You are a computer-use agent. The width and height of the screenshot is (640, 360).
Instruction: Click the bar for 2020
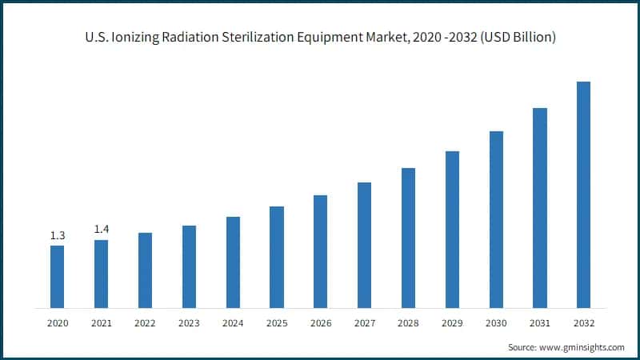click(x=58, y=276)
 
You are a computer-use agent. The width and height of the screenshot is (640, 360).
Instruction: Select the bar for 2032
click(x=583, y=194)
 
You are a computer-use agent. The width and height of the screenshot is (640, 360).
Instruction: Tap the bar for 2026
click(x=320, y=251)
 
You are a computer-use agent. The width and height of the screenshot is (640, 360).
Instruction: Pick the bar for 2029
click(x=452, y=229)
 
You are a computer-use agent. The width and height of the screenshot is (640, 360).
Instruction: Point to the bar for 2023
click(x=189, y=266)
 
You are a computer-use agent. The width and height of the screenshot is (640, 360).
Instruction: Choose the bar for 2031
click(x=540, y=207)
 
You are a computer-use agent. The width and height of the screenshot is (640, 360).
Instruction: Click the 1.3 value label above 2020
click(x=58, y=235)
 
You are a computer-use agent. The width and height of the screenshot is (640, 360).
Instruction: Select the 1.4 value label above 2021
click(x=102, y=230)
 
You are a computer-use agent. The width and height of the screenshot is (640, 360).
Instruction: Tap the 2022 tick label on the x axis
click(x=145, y=323)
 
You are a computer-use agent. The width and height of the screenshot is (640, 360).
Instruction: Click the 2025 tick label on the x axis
click(x=277, y=323)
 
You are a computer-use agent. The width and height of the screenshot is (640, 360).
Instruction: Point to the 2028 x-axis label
click(x=408, y=323)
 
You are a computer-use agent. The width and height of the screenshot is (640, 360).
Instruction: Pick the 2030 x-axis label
click(x=496, y=323)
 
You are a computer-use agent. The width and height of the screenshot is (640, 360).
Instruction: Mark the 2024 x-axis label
click(x=233, y=323)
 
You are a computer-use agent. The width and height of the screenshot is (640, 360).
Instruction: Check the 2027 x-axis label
click(x=364, y=323)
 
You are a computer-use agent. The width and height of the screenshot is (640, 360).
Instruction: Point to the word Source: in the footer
click(x=524, y=348)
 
